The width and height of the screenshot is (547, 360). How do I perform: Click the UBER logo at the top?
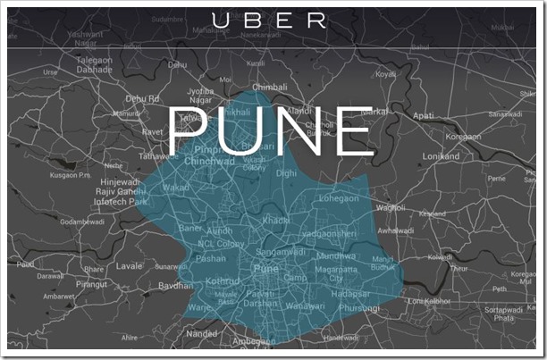pos(273,21)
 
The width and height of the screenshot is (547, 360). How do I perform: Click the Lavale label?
pos(129,265)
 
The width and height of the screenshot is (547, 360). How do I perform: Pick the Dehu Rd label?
pos(143,98)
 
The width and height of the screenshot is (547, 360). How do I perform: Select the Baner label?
pos(191,228)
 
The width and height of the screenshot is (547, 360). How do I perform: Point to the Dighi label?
pos(287,172)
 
